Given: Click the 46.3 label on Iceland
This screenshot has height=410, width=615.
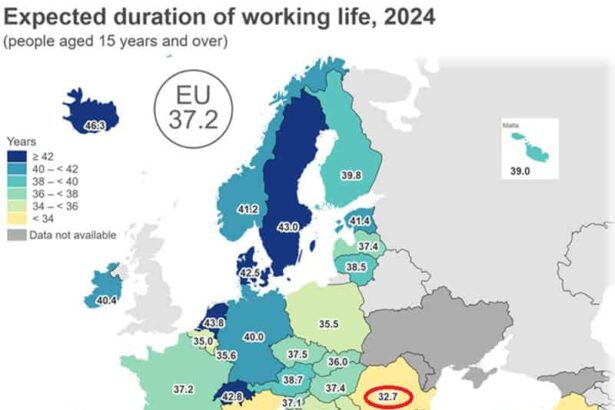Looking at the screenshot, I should (x=95, y=126).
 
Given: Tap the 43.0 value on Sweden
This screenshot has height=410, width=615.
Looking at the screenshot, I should (x=288, y=227).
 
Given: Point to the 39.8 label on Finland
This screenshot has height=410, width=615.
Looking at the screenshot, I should (x=351, y=175).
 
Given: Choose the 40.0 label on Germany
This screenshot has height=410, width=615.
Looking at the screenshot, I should (x=254, y=337).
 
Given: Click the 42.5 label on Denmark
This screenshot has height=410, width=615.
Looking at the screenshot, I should (x=249, y=272).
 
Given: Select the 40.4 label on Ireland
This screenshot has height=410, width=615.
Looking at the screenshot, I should (x=106, y=300).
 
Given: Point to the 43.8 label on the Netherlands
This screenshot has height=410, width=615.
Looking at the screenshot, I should (x=212, y=323).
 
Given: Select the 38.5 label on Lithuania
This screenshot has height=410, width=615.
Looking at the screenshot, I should (x=355, y=268).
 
